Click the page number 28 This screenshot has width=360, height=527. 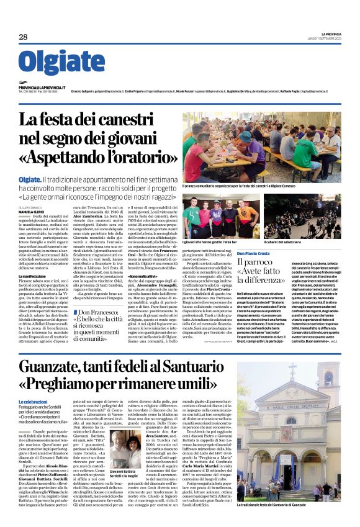point(23,37)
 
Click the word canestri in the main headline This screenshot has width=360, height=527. point(138,119)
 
